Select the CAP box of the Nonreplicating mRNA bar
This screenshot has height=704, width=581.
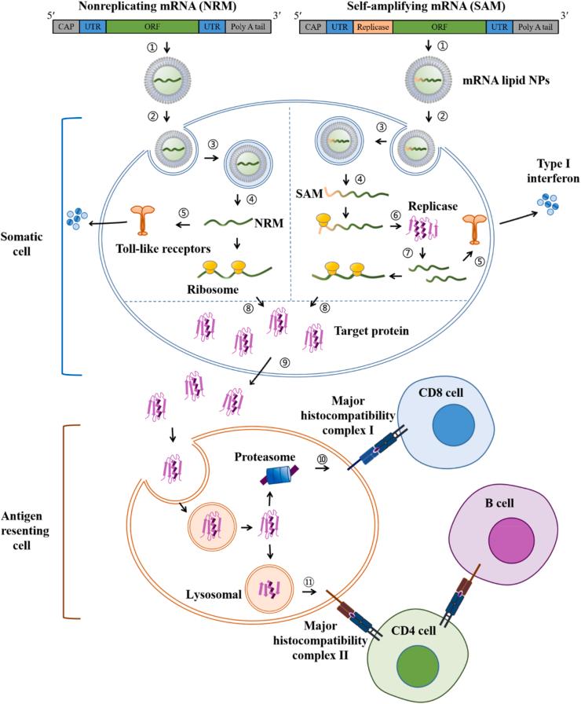coord(65,26)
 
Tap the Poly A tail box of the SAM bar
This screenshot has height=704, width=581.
coord(536,26)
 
